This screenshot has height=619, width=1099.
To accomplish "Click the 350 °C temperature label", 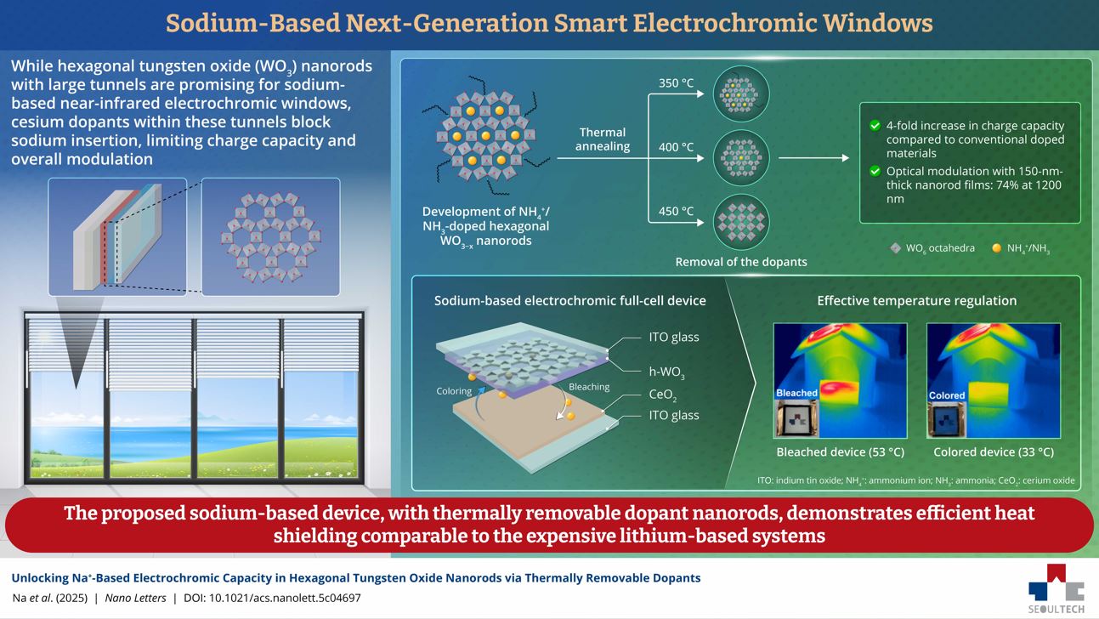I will point(676,83).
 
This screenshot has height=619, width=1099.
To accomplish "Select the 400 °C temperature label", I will point(676,147).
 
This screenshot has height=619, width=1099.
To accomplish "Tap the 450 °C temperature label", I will point(676,211).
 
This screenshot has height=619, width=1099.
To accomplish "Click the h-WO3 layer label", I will point(667,372).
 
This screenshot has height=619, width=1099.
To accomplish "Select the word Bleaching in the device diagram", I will point(589,387).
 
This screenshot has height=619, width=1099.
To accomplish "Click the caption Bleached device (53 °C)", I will point(840,452).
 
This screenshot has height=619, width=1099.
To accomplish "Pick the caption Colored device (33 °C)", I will point(993,452).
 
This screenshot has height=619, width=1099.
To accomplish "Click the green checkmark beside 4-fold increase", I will point(875,126).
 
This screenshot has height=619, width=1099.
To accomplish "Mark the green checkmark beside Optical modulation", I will point(875,172).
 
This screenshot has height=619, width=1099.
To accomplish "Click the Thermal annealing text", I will point(603,139).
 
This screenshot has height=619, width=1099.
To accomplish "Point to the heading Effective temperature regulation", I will point(916,300).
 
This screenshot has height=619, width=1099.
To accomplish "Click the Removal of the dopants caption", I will point(741,262).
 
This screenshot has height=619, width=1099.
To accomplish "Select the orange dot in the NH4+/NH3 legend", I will point(996,248).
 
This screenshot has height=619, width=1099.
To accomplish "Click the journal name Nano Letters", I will point(139,598).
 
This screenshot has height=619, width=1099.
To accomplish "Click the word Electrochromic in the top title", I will point(722,23).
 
